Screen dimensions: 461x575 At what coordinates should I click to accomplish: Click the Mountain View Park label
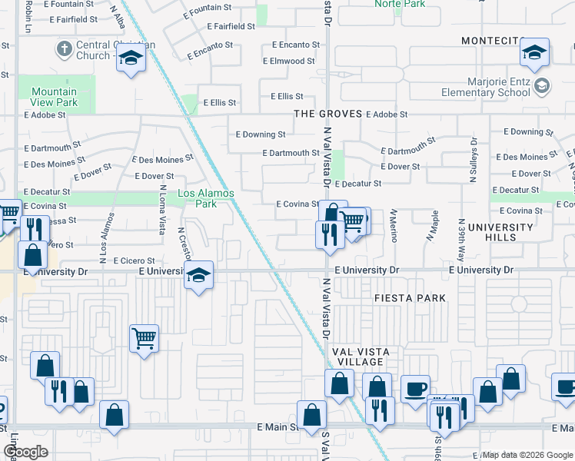click(55, 97)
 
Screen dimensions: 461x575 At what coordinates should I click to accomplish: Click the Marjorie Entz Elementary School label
click(486, 87)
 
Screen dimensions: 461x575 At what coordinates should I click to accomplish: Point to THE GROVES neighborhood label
click(327, 114)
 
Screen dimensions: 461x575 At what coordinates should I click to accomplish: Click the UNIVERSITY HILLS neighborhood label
click(500, 232)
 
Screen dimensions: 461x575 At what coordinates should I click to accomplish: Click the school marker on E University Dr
click(198, 276)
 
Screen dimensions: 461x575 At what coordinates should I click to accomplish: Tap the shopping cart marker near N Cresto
click(145, 337)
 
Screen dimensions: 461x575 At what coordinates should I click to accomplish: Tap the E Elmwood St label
click(288, 61)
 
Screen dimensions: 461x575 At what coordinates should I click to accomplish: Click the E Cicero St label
click(135, 260)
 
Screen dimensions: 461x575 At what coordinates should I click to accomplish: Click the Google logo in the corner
click(25, 452)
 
